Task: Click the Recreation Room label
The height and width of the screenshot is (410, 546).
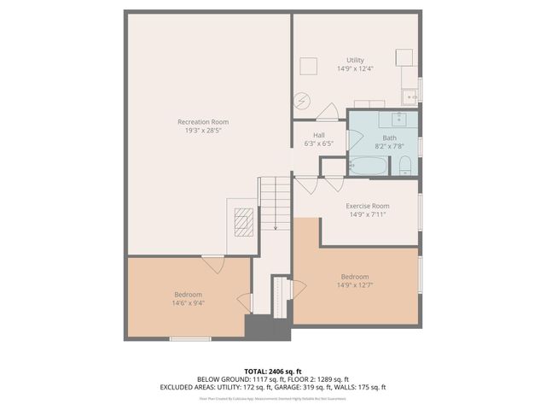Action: [x=202, y=122]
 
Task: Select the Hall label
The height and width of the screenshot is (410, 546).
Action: [x=318, y=135]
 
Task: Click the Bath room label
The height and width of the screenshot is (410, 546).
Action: [x=389, y=138]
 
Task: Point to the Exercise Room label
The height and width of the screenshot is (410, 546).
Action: [x=367, y=206]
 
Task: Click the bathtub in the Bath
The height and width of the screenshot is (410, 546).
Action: [x=368, y=166]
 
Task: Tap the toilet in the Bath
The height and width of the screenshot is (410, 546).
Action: [x=406, y=167]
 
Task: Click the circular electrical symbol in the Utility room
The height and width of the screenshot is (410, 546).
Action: [x=301, y=101]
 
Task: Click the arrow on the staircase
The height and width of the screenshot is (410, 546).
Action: [x=276, y=226]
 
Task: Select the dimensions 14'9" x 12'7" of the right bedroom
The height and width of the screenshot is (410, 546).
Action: [x=354, y=286]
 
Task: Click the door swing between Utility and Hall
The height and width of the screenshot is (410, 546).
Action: [x=327, y=111]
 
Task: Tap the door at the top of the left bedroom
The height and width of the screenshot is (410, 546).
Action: [x=212, y=264]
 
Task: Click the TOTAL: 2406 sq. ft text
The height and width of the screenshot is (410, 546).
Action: [x=272, y=370]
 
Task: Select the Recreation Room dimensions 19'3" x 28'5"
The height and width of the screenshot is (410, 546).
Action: [x=202, y=131]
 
